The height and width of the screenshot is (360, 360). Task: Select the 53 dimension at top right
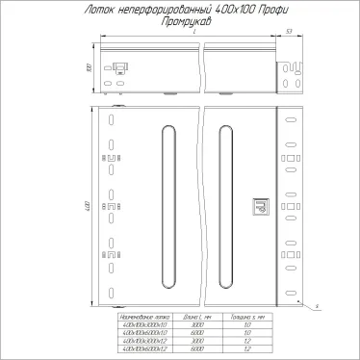290,32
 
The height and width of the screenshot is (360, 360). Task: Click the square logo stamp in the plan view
257,206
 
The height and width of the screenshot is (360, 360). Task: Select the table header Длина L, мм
196,316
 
